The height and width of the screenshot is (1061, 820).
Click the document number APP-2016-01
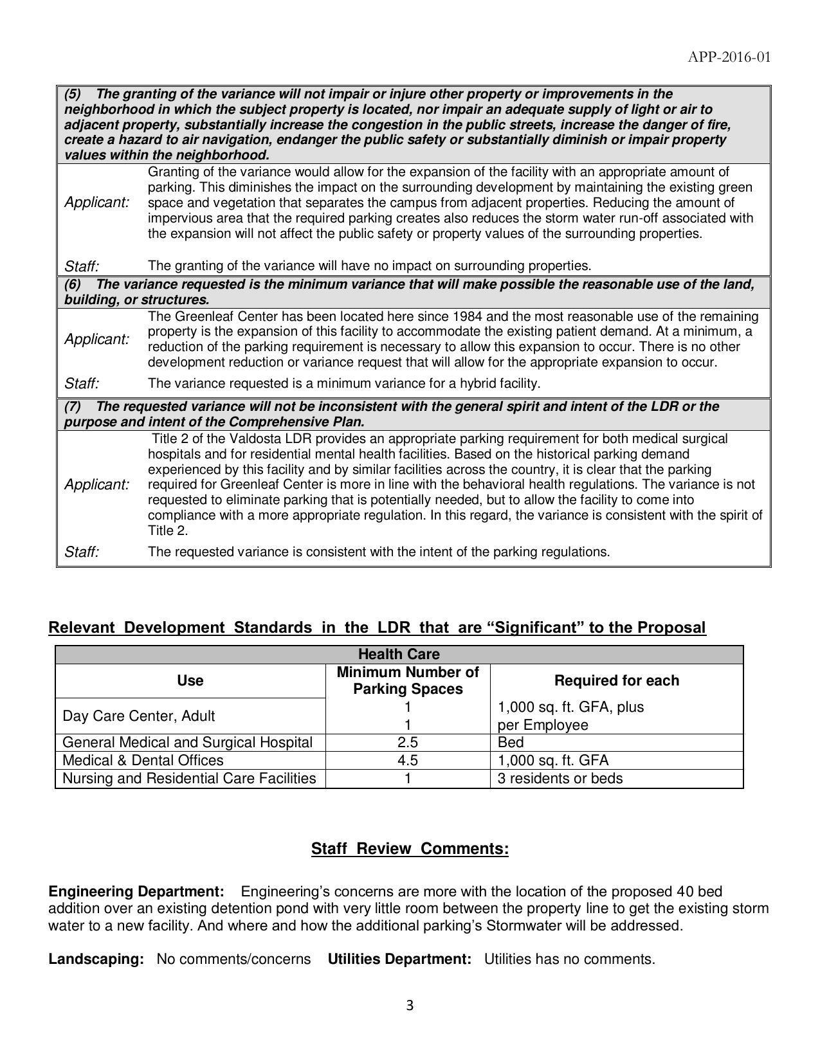coord(729,57)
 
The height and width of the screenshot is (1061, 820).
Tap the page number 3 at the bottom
coord(410,1006)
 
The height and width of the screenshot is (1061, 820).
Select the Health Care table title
coord(399,655)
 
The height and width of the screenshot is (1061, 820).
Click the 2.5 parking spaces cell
coord(408,743)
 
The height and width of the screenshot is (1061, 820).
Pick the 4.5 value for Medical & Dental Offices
coord(408,761)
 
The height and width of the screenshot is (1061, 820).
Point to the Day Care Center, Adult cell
coord(139,716)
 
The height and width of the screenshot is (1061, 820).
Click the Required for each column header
coord(616,680)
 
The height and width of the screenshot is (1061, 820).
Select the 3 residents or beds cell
coord(560,779)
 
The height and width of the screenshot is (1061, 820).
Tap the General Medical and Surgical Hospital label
coord(187,743)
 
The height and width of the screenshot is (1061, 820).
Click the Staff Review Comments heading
coord(410,849)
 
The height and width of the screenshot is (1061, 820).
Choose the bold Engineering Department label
coord(136,892)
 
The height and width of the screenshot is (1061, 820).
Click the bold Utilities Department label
coord(399,959)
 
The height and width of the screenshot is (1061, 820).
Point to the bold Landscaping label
coord(96,959)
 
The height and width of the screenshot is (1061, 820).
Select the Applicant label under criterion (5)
coord(96,203)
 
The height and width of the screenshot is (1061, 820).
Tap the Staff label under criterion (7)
coord(82,552)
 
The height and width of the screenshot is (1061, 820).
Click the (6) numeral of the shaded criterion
coord(72,284)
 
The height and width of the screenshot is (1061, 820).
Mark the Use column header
coord(190,680)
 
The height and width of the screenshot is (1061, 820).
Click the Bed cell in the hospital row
coord(511,743)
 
